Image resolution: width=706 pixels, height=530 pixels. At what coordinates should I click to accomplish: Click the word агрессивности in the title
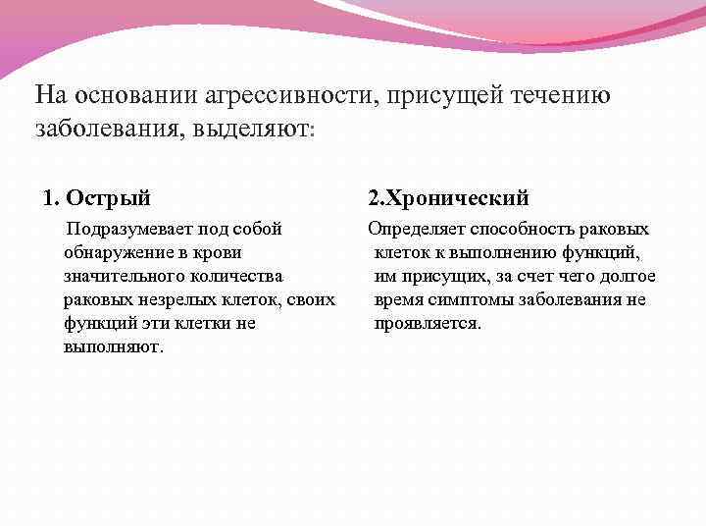pos(289,95)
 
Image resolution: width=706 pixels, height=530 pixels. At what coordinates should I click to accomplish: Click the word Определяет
pos(416,230)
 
